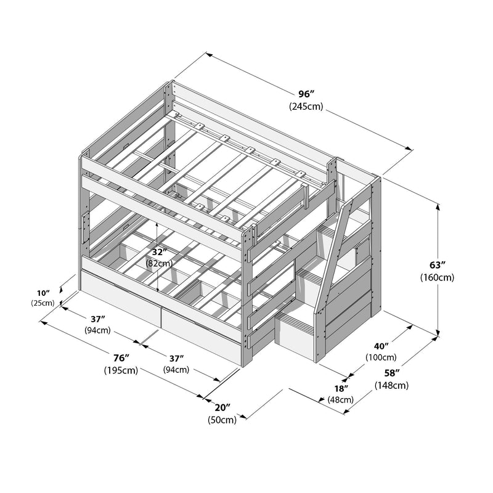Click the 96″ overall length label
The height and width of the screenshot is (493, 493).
click(306, 94)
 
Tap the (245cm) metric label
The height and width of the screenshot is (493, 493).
click(306, 106)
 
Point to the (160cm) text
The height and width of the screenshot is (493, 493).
click(438, 277)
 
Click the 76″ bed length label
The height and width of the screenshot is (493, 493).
click(121, 358)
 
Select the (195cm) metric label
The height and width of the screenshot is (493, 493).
click(121, 370)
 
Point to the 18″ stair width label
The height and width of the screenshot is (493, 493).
click(341, 388)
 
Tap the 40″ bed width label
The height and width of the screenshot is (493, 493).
click(381, 346)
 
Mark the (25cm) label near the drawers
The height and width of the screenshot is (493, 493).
click(43, 303)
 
